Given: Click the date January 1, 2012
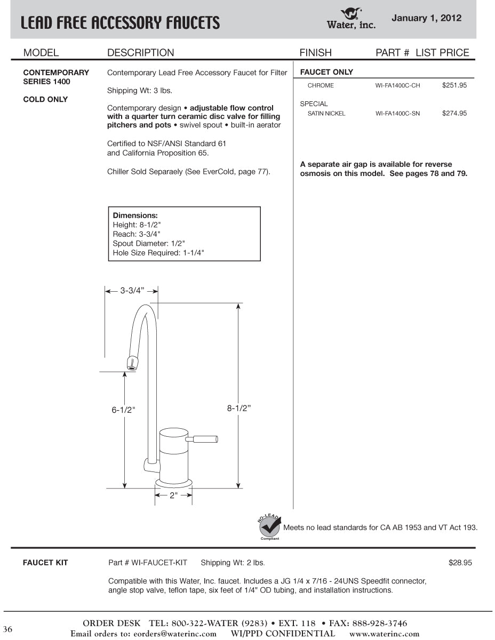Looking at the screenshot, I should [426, 18].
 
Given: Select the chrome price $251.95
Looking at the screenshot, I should [454, 85].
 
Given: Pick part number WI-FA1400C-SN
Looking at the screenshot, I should [397, 114].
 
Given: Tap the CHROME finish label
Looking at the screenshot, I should [321, 85].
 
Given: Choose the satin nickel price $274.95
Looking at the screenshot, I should [454, 113].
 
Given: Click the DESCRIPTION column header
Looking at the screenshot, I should [140, 53].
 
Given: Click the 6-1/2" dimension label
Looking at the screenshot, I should [123, 410].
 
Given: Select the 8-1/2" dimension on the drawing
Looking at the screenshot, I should [238, 408].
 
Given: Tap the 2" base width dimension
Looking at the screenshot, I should [173, 495].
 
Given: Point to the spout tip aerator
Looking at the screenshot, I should [132, 363].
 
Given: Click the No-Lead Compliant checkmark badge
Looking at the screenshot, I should [270, 527].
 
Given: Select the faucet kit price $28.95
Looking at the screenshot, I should [460, 563].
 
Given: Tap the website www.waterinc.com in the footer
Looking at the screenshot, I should [384, 634].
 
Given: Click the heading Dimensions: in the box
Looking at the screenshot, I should [135, 215].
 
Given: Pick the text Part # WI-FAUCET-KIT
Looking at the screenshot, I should [148, 563].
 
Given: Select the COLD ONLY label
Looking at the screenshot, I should [45, 100].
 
